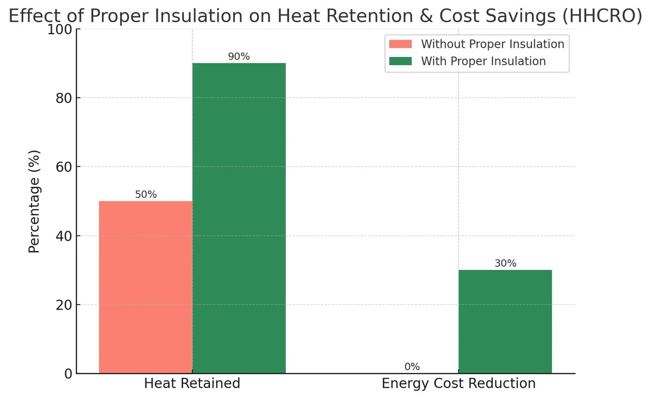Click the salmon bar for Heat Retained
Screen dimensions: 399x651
[x=145, y=287]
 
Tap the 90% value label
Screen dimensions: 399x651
[x=239, y=56]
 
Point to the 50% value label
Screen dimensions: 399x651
[x=145, y=195]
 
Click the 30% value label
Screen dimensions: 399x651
[x=505, y=263]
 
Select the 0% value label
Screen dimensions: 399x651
[x=412, y=367]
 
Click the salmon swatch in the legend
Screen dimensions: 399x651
[x=400, y=44]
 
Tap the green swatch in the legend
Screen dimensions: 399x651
[x=400, y=61]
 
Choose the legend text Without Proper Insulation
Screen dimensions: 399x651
[x=493, y=44]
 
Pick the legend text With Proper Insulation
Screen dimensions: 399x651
[x=483, y=61]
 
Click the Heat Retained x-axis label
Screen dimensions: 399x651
[x=192, y=384]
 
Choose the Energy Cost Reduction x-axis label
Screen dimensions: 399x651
[x=458, y=384]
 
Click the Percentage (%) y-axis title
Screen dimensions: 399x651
[x=35, y=201]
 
